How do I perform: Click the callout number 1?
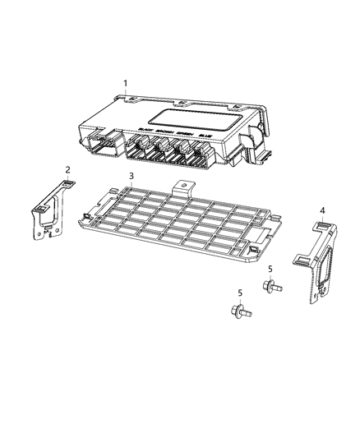(125, 83)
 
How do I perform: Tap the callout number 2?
(67, 170)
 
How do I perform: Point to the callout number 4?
(322, 210)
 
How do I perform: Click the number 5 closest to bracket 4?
(269, 270)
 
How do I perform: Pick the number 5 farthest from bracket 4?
(239, 293)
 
